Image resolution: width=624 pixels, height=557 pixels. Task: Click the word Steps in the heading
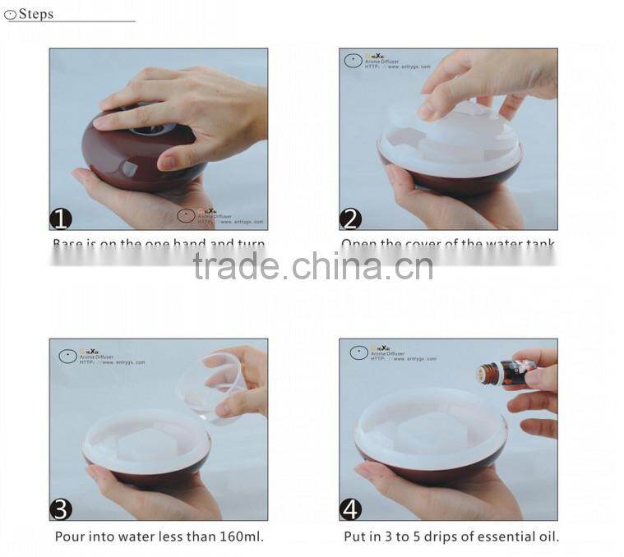35,13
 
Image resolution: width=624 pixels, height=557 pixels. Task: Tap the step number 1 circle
61,219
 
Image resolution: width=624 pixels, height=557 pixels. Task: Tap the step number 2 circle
351,219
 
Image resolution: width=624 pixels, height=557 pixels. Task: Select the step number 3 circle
61,509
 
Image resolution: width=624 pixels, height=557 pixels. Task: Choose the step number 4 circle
351,509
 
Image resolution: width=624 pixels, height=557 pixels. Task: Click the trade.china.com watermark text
312,266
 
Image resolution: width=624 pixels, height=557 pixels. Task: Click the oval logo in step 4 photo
358,352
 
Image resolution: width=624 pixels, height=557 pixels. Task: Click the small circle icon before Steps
10,14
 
